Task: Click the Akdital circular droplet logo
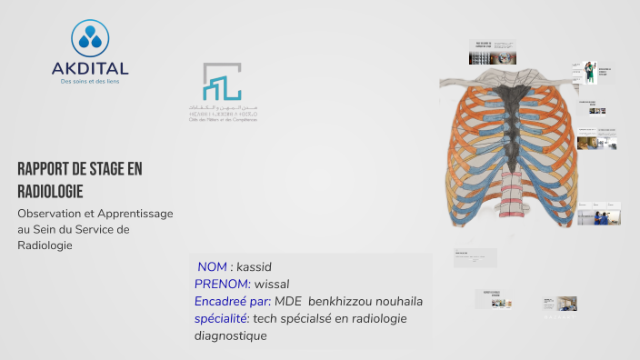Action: (89, 38)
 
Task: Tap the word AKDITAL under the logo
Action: (90, 68)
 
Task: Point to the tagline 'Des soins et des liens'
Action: (90, 82)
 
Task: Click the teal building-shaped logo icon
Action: (222, 84)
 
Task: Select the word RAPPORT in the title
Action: (45, 169)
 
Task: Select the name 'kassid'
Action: (255, 267)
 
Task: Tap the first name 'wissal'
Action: (271, 285)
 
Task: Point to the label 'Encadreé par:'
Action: (232, 301)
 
